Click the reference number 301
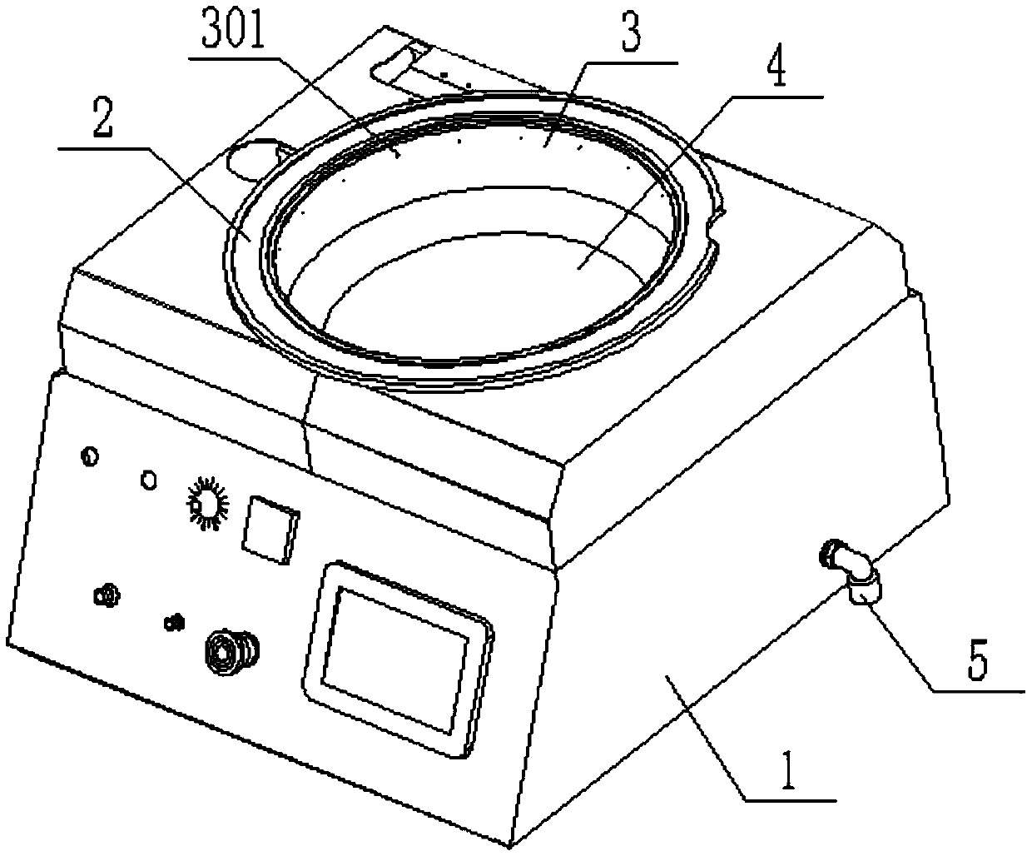click(232, 36)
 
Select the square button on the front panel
click(269, 528)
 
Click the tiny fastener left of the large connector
click(175, 621)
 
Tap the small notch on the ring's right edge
click(714, 222)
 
